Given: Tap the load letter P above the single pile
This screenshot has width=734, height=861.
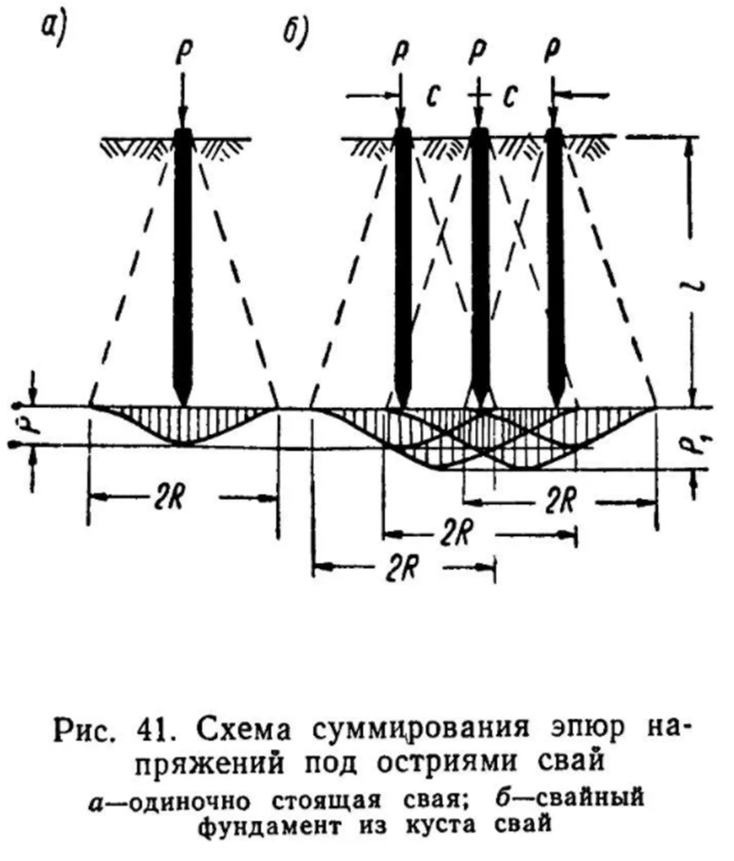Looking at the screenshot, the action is pyautogui.click(x=183, y=51).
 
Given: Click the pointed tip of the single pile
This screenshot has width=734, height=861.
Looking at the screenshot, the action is pyautogui.click(x=183, y=405).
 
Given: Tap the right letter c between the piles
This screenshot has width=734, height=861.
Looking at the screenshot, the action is pyautogui.click(x=511, y=96).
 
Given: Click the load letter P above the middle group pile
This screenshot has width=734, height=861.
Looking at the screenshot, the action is pyautogui.click(x=479, y=51).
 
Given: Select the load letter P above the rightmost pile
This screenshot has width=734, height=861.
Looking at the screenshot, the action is pyautogui.click(x=553, y=51).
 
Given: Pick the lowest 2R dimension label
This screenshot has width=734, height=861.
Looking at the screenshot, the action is pyautogui.click(x=404, y=570).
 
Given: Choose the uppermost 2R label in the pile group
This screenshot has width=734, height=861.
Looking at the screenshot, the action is pyautogui.click(x=561, y=501).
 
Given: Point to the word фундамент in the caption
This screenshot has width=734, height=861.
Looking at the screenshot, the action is pyautogui.click(x=268, y=825).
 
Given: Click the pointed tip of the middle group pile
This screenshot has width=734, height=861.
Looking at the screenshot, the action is pyautogui.click(x=480, y=405).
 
